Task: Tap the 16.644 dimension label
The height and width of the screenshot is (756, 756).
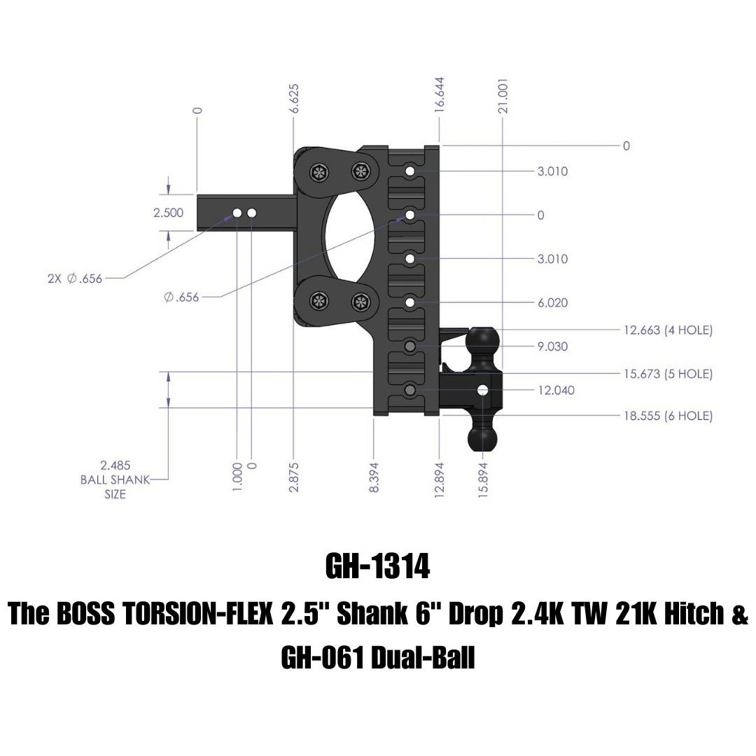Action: click(x=440, y=94)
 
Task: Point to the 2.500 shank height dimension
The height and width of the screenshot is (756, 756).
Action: click(x=168, y=213)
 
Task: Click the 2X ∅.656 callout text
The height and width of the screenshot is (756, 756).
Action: click(x=75, y=279)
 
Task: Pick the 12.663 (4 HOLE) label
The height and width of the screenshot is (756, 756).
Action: click(x=668, y=330)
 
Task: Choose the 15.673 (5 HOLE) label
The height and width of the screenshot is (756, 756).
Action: click(x=668, y=374)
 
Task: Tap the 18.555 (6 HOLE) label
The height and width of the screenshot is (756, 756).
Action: click(x=668, y=416)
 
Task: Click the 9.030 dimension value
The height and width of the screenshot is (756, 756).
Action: click(x=552, y=346)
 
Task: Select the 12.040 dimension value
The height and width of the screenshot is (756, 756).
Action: click(x=556, y=390)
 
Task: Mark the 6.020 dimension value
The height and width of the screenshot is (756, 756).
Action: click(x=552, y=302)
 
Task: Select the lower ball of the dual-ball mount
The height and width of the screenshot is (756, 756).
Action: click(x=483, y=437)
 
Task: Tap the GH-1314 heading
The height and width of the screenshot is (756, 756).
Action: click(x=377, y=567)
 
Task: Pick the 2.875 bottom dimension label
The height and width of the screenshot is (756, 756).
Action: click(x=294, y=476)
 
